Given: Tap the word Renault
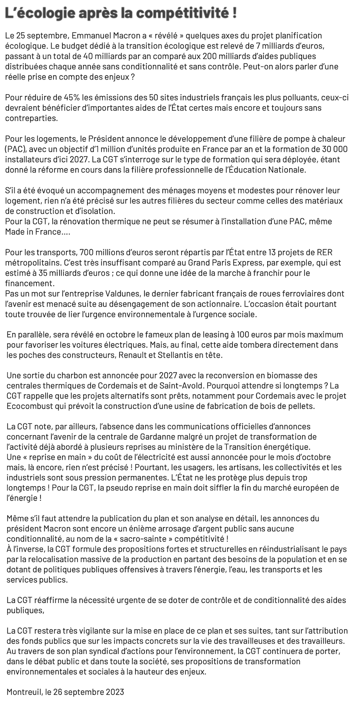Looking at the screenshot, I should (x=132, y=355).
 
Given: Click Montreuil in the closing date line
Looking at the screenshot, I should (x=24, y=691).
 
